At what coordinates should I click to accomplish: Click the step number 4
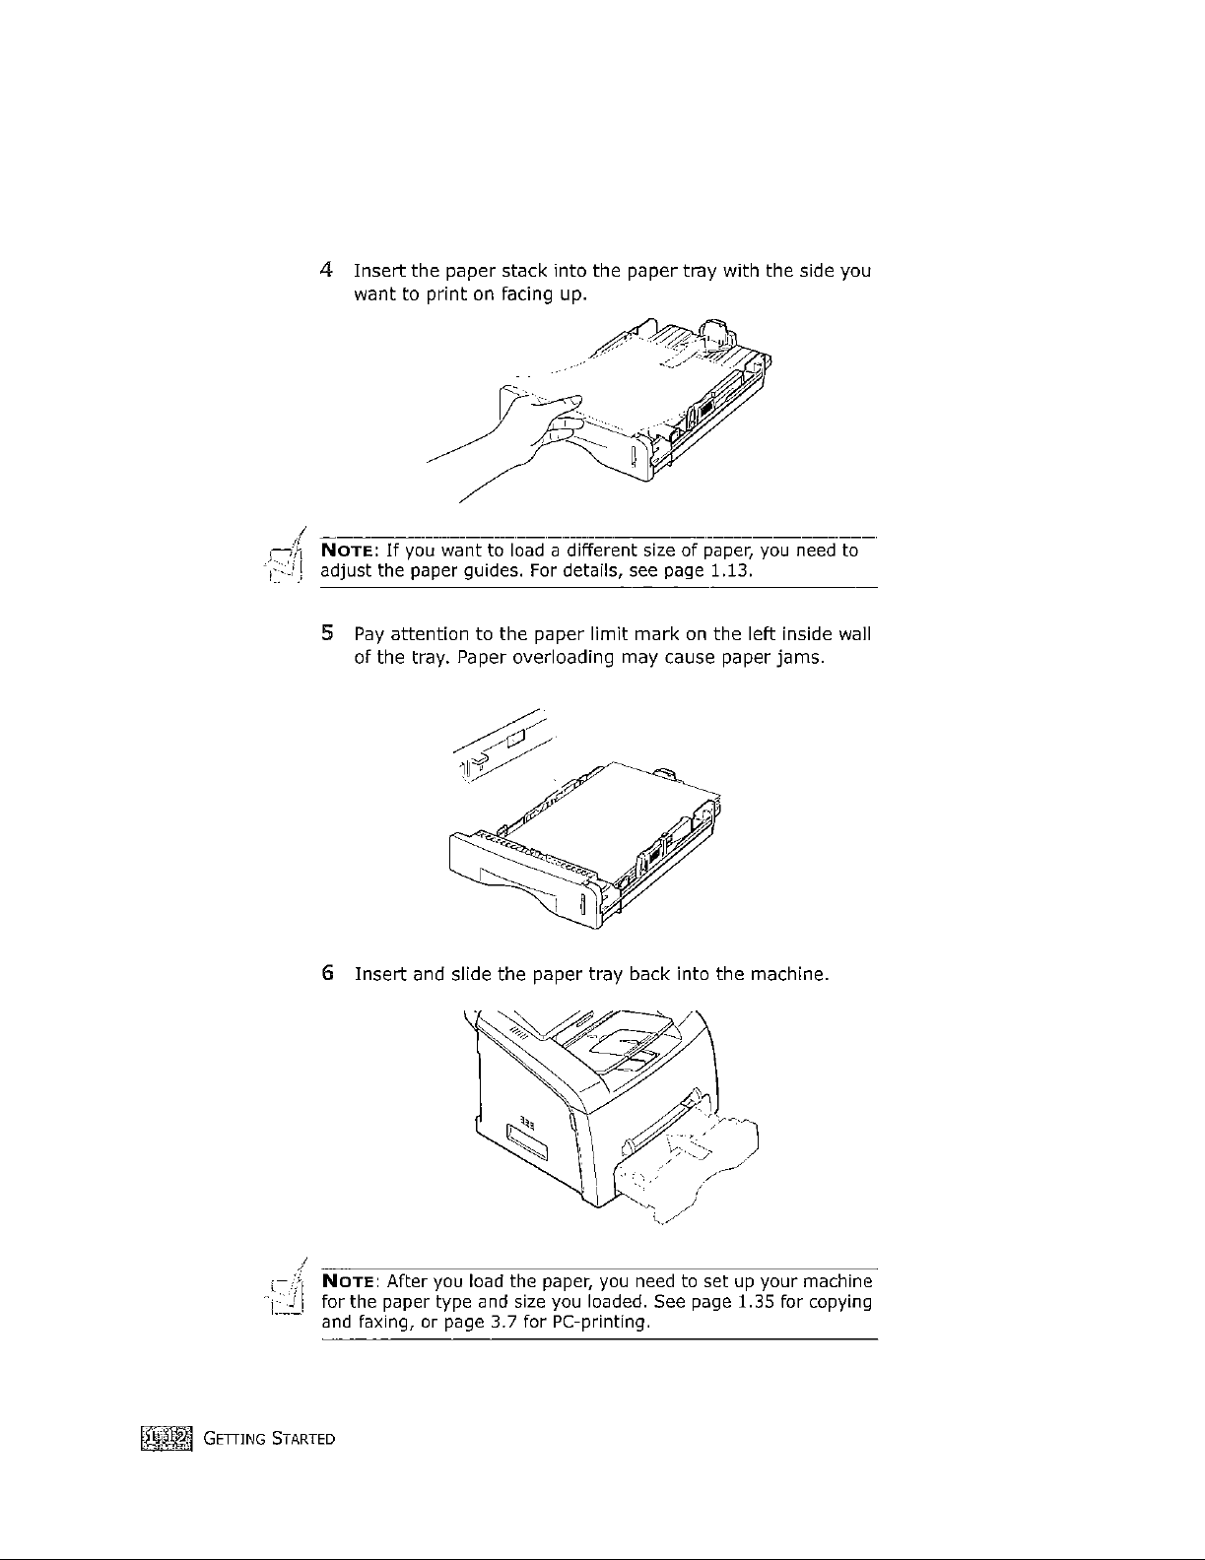[325, 270]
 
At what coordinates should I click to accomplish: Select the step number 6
[326, 975]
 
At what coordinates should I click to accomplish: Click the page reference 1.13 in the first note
[732, 570]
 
